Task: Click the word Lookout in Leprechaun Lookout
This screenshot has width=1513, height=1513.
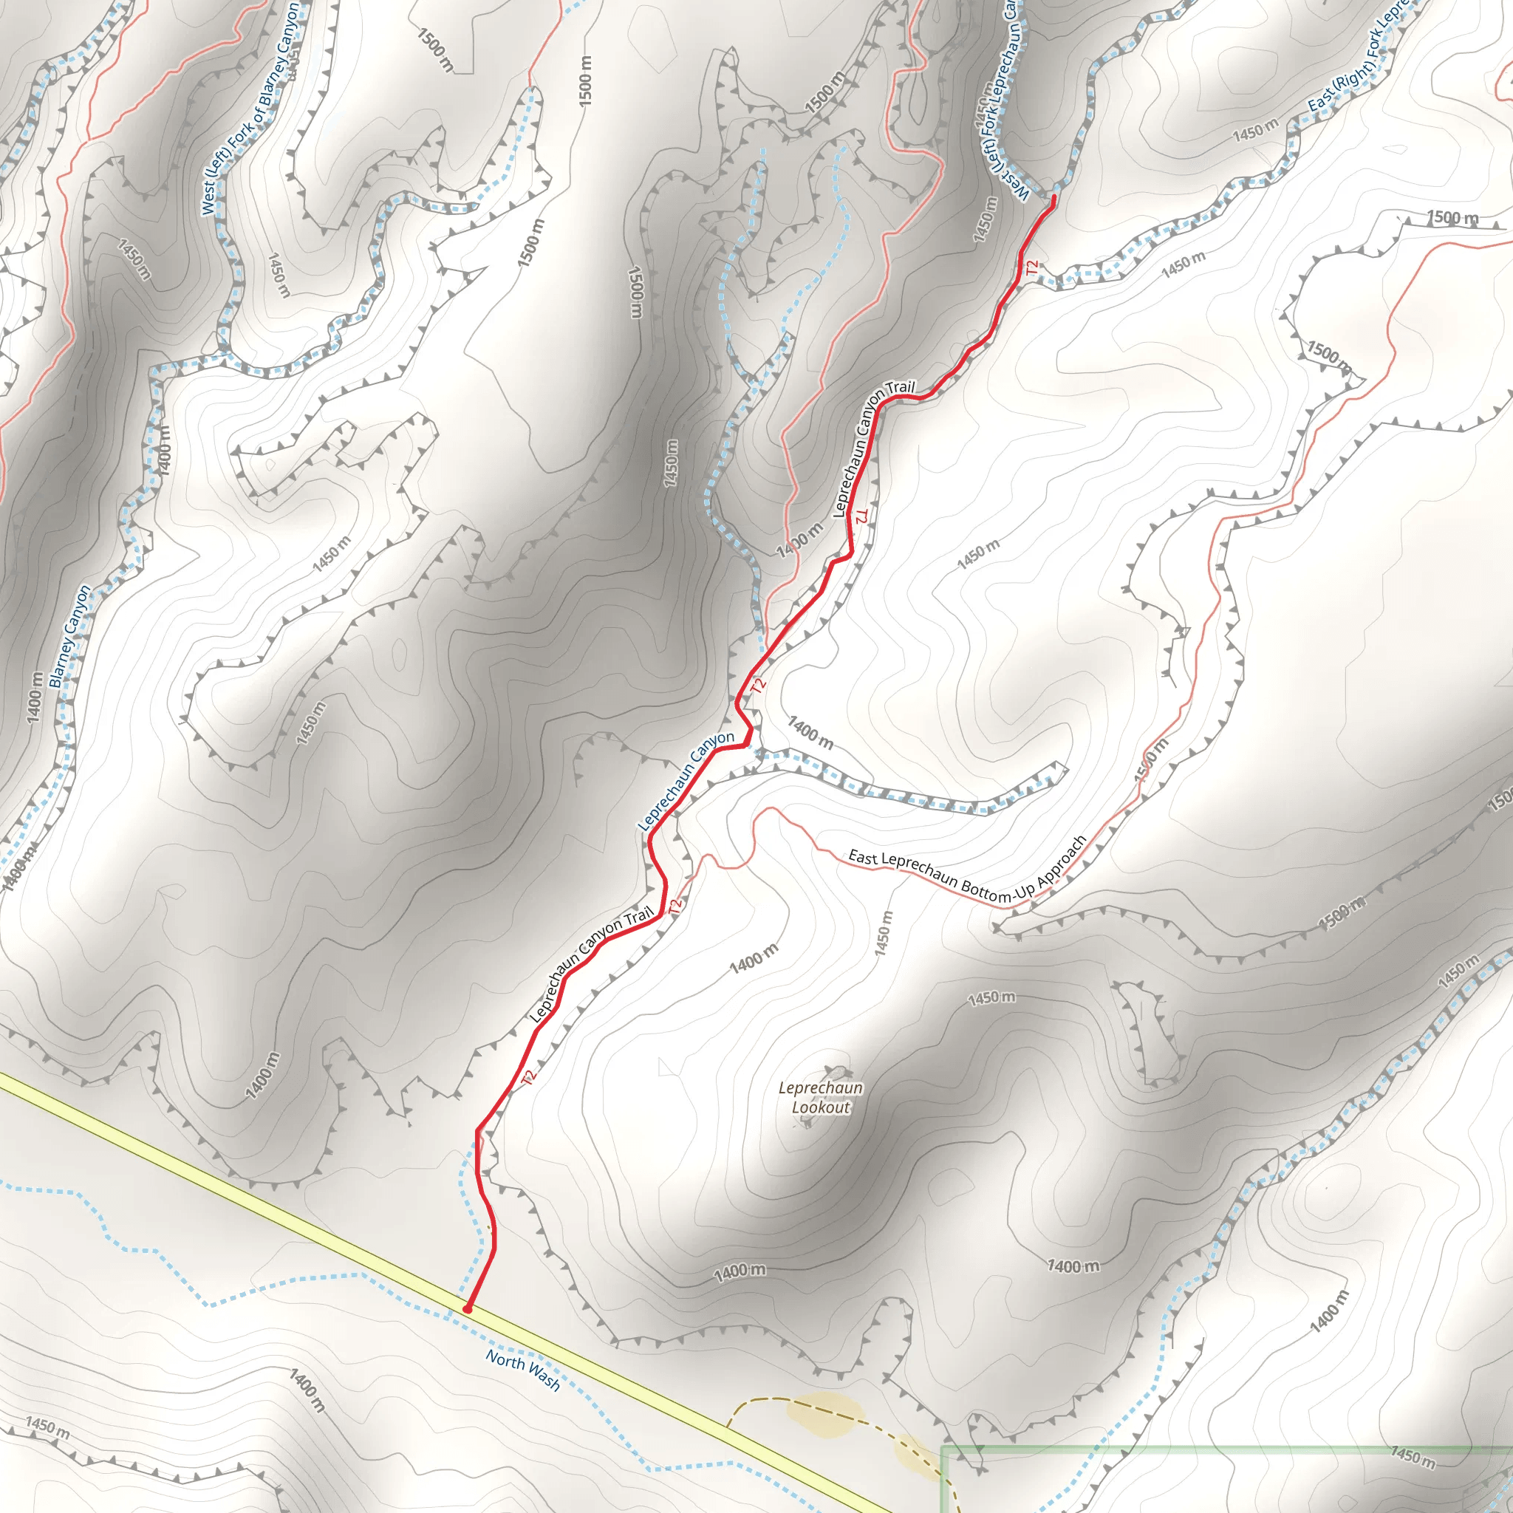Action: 820,1107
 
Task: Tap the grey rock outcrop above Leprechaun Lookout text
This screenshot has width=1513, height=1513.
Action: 836,1071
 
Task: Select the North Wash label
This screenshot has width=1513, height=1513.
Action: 522,1370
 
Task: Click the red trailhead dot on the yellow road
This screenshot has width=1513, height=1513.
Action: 468,1308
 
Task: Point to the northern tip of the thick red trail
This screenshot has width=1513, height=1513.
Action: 1053,196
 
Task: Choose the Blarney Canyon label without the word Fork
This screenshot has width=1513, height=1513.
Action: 69,636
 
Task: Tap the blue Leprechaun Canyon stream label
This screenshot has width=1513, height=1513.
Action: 686,781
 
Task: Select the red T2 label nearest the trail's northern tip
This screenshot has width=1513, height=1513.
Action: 1031,267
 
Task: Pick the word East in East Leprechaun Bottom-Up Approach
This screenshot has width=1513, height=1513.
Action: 863,857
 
